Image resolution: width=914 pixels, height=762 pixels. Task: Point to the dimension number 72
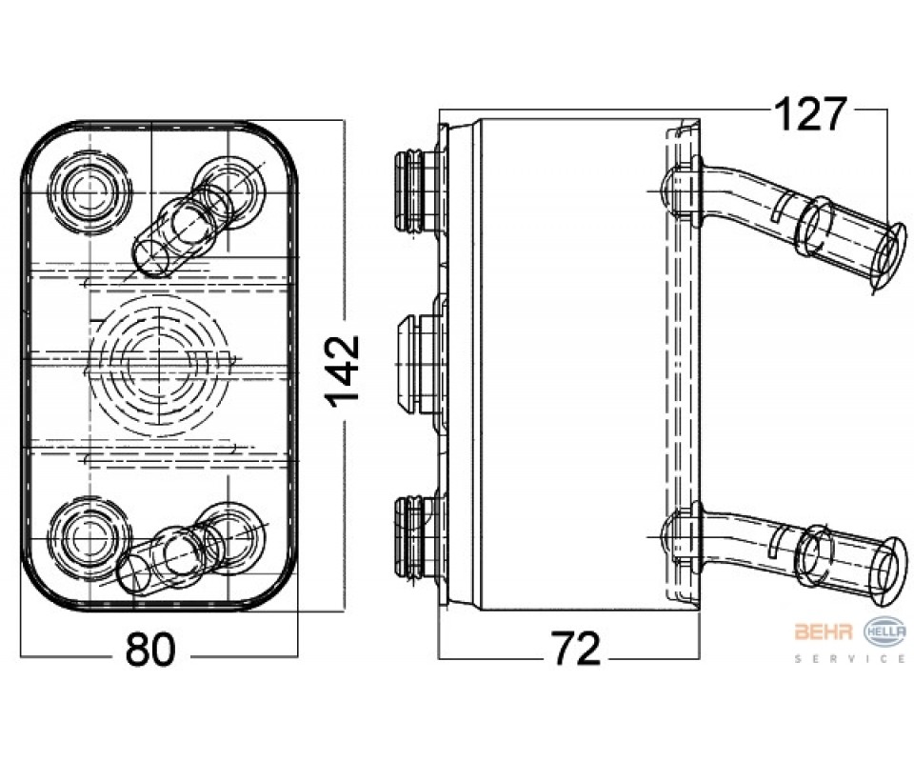[577, 650]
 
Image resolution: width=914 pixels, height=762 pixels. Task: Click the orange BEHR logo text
[823, 631]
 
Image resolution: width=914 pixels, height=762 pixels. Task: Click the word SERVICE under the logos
[850, 659]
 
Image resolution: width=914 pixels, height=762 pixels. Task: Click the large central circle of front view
[159, 365]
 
